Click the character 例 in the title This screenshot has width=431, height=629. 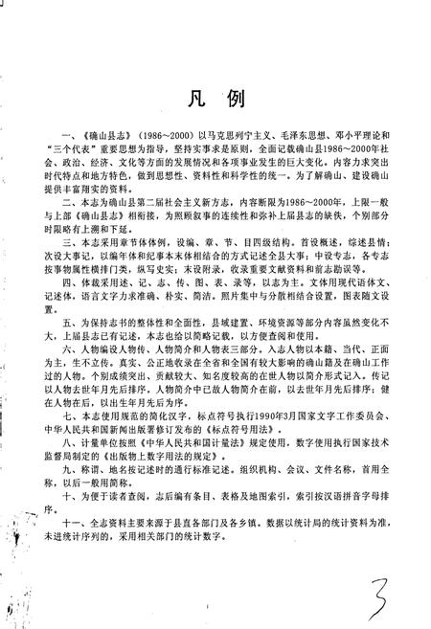tap(236, 101)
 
